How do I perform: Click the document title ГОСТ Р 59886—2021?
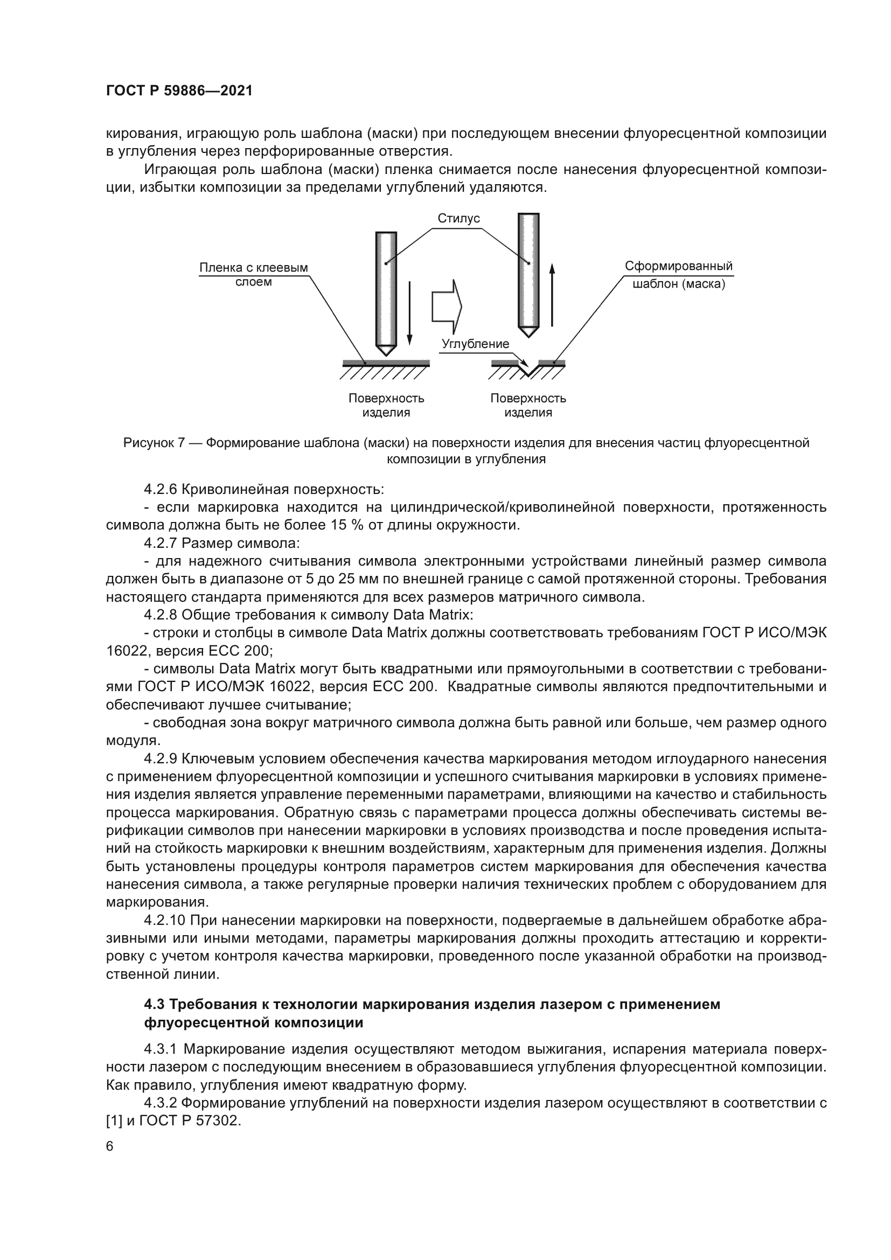(179, 91)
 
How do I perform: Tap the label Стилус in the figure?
(458, 218)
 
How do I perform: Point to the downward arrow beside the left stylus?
(409, 314)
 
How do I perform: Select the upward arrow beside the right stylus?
(552, 295)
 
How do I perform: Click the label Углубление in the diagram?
(475, 344)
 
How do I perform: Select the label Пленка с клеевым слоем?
(254, 274)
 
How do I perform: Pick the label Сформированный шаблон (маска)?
(679, 275)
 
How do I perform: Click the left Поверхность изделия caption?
(386, 405)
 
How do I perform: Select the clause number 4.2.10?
(165, 920)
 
